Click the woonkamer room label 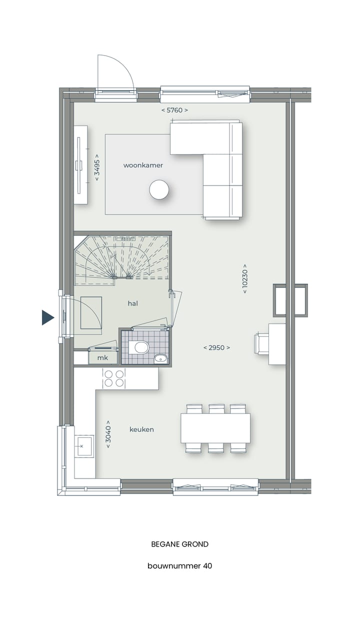pos(143,165)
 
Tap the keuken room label pos(141,429)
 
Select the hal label pos(132,303)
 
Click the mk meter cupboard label pos(102,357)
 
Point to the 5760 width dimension pos(174,110)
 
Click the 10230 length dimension pos(245,278)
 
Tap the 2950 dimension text pos(216,347)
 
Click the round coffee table pos(159,189)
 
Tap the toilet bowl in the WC pos(141,347)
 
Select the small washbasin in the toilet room pos(160,357)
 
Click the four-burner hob pos(113,378)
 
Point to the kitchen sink pos(84,443)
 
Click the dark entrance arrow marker pos(47,317)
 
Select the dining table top pos(215,428)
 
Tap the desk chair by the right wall pos(261,344)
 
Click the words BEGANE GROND pos(180,544)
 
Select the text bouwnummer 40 pos(180,566)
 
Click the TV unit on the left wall pos(80,164)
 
